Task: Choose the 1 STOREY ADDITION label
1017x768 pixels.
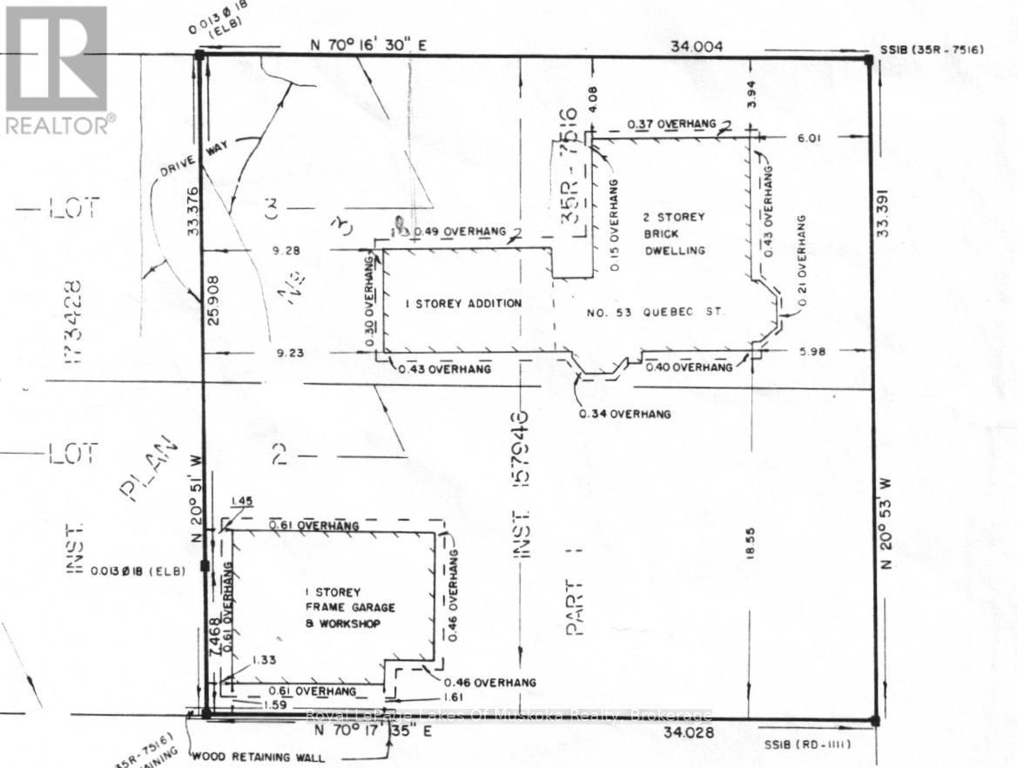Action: click(x=464, y=303)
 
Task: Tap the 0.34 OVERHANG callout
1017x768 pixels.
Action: click(x=625, y=414)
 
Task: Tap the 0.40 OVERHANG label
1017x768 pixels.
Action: click(x=690, y=368)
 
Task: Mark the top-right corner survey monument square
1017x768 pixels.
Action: click(x=867, y=59)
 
